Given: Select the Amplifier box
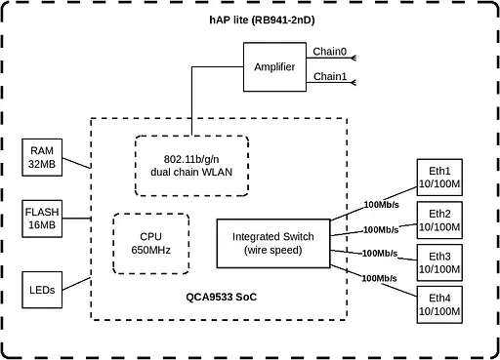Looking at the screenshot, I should coord(274,66).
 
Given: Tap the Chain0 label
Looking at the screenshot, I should coord(329,51).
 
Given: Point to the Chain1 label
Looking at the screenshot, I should coord(329,76).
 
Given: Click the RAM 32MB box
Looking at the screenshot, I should coord(42,157).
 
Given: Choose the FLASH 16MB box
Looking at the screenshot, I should coord(42,219).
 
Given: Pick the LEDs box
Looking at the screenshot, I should coord(42,290).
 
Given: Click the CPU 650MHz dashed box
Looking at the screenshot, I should coord(150,242).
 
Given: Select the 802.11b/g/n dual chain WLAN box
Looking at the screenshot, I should coord(190,166).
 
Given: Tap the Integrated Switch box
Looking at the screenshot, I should coord(273,243).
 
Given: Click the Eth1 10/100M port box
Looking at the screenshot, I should coord(439,178).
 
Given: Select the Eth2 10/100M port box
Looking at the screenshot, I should coord(439,220).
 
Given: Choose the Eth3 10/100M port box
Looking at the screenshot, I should coord(439,262).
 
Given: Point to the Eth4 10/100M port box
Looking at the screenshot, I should coord(439,304).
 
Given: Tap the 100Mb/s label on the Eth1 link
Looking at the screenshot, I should coord(380,205).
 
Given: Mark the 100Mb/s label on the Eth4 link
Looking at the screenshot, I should coord(379,278).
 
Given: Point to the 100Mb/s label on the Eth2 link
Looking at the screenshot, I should coord(380,230).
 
